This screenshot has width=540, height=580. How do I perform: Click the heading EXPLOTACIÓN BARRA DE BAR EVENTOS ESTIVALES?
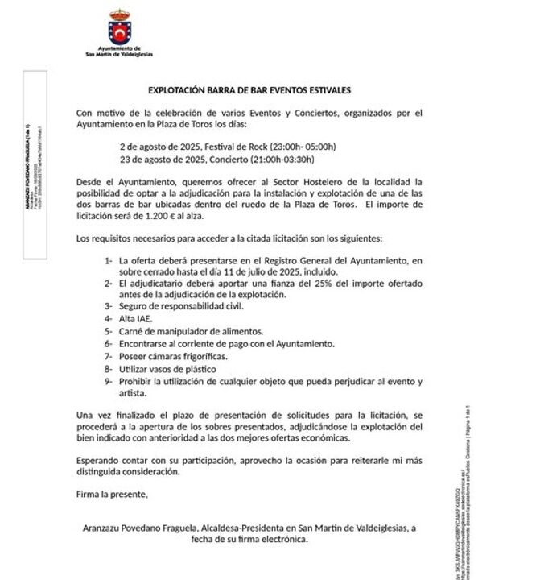coord(249,91)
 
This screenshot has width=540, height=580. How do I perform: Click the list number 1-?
coord(108,261)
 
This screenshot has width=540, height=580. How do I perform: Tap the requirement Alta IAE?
coord(136,319)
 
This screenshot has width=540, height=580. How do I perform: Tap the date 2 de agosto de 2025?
coord(158,147)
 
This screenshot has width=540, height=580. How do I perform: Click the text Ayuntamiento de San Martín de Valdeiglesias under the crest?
coord(118,52)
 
